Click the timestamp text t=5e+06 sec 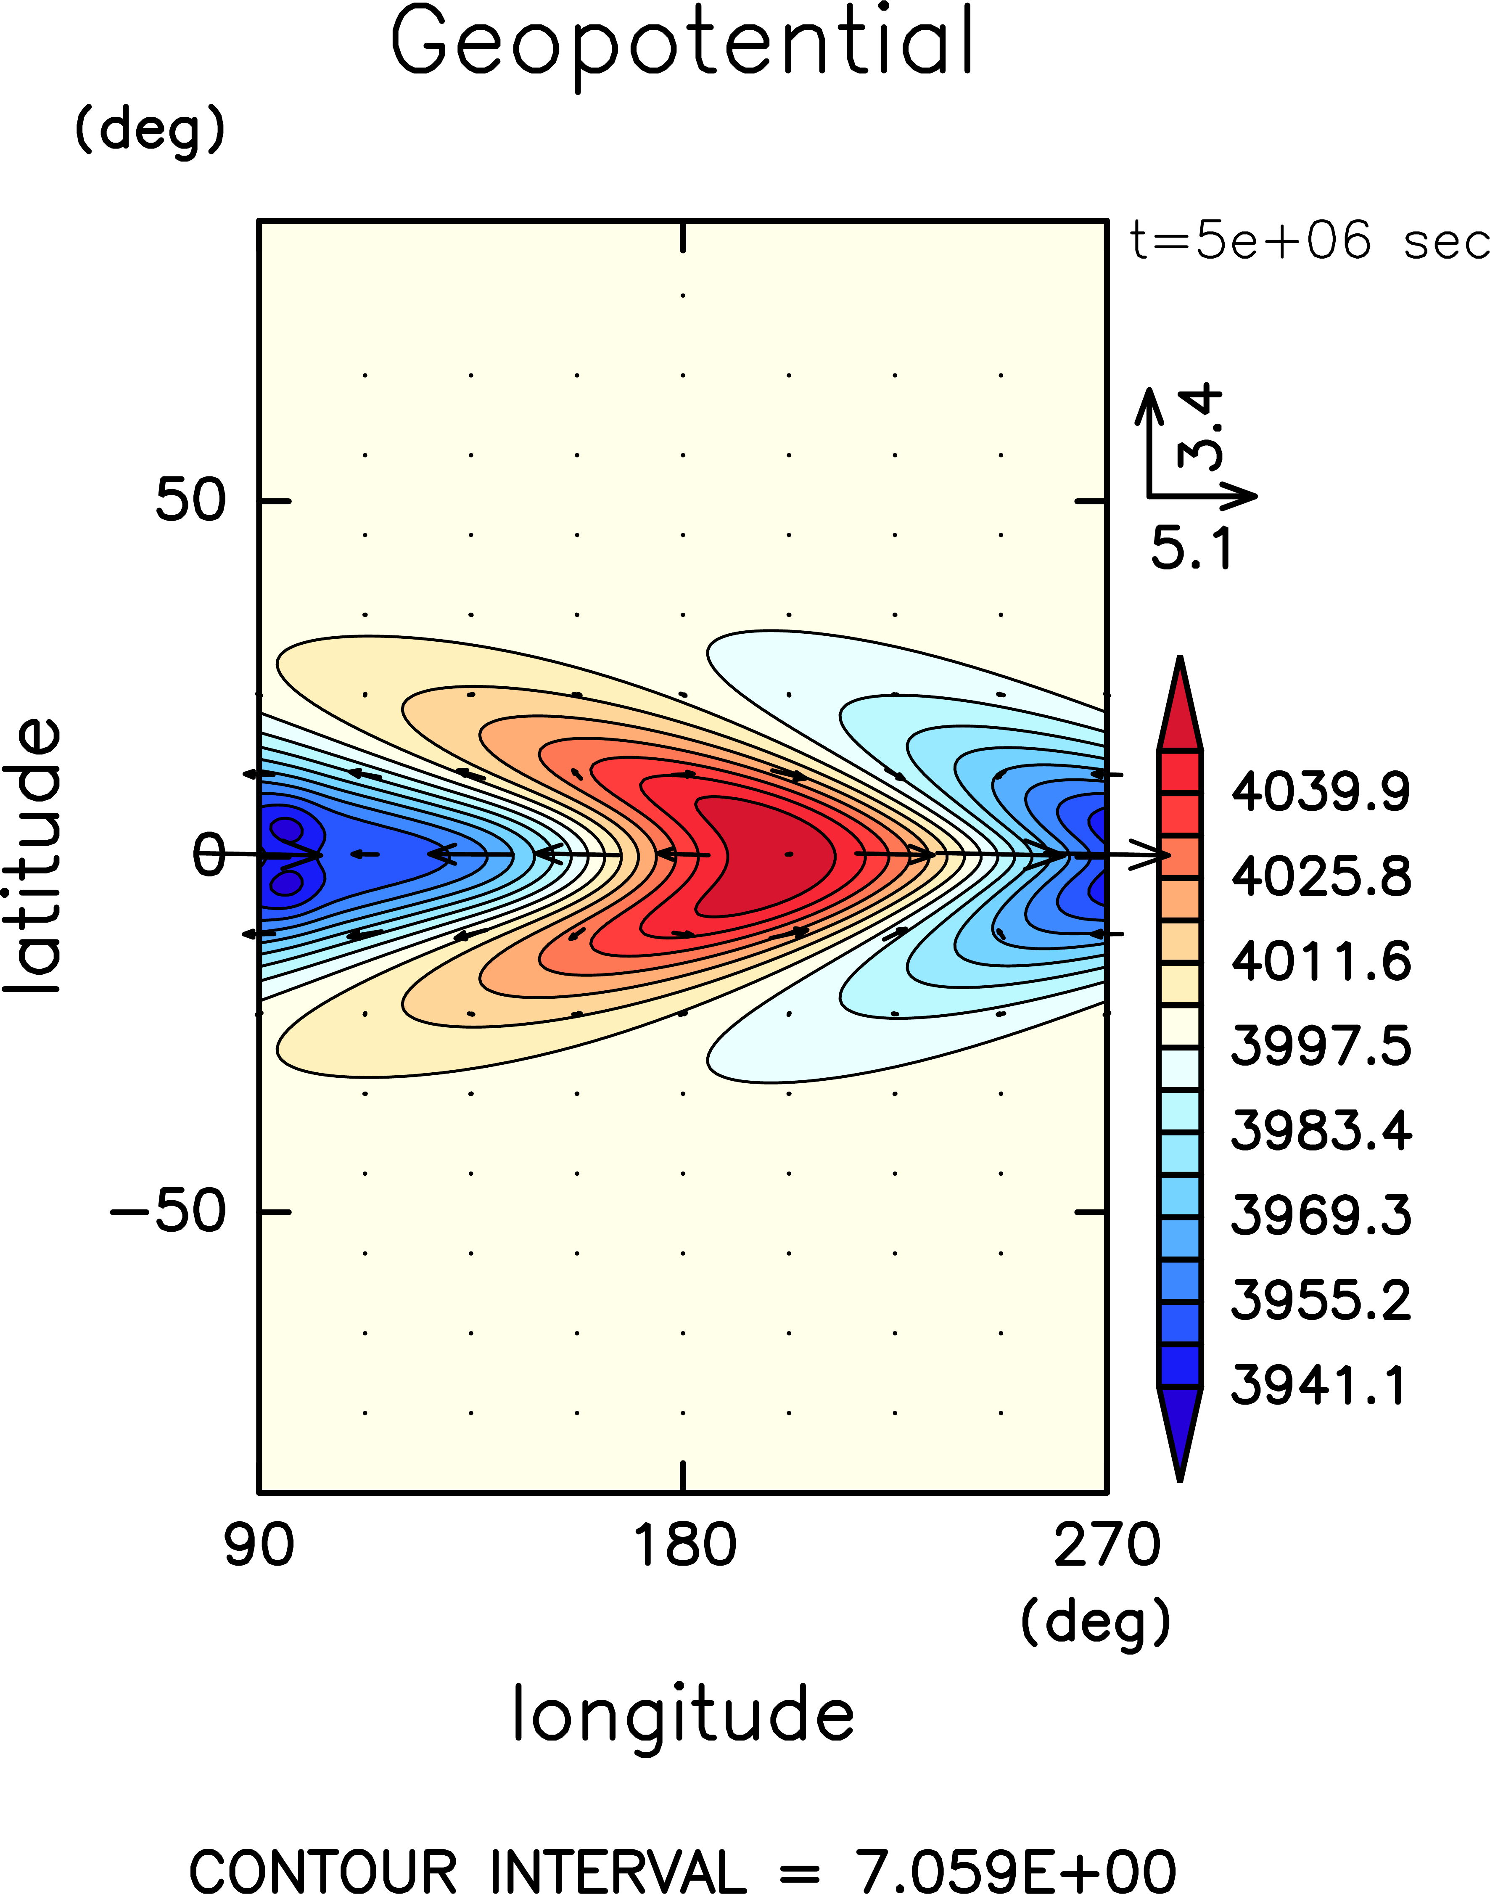click(x=1308, y=241)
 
